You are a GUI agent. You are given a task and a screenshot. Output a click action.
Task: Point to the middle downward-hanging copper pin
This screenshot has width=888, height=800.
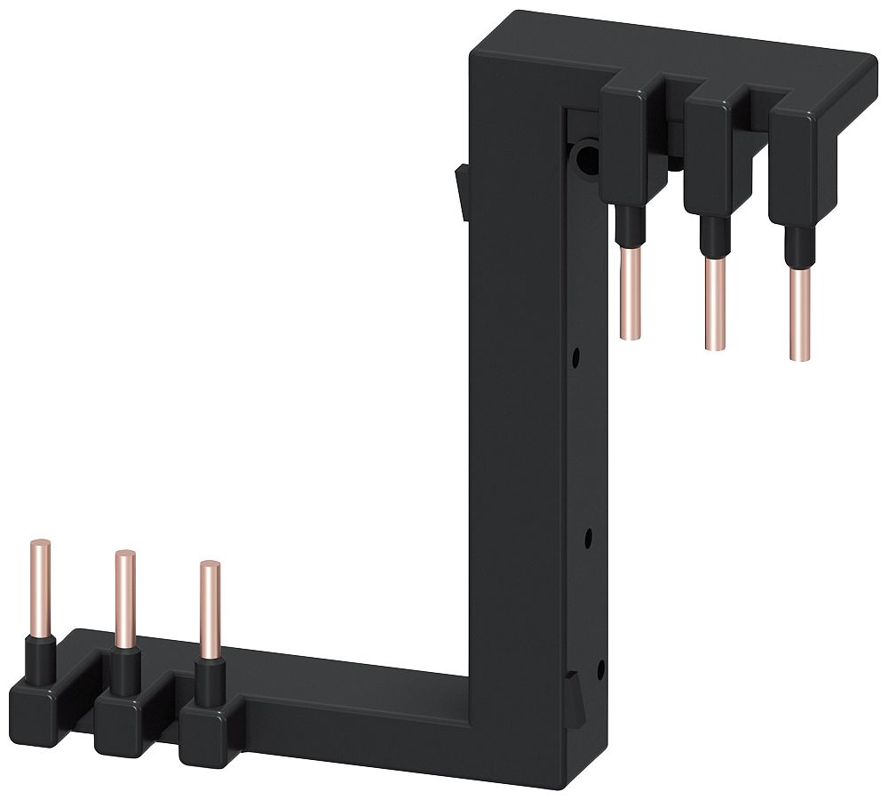coord(715,302)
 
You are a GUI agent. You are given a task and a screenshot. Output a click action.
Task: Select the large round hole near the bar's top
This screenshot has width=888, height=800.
coord(585,160)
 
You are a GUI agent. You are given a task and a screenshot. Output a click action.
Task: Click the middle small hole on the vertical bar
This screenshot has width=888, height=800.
coord(587,537)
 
